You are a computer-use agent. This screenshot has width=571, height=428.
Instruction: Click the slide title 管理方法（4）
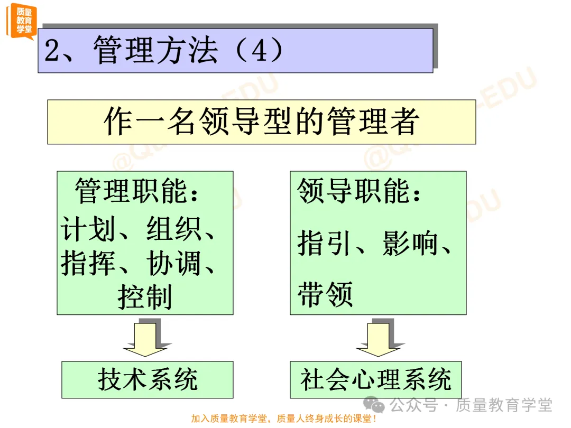(x=164, y=51)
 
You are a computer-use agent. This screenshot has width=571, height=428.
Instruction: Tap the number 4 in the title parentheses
(x=257, y=51)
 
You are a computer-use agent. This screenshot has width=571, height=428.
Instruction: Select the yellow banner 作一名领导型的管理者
(x=261, y=122)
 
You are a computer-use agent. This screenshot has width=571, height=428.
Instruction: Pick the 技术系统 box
(x=147, y=379)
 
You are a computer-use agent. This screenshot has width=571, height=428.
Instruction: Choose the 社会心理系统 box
(x=375, y=379)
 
